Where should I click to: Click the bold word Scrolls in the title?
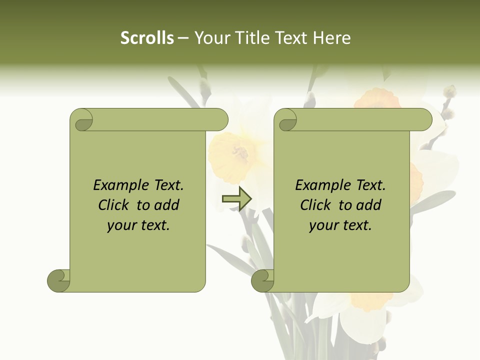147,38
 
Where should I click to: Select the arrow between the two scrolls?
236,198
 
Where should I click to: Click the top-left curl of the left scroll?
81,120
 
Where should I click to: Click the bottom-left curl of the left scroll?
58,280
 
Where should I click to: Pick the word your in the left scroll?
121,226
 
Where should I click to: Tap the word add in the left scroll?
166,205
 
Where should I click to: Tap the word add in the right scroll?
368,205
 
